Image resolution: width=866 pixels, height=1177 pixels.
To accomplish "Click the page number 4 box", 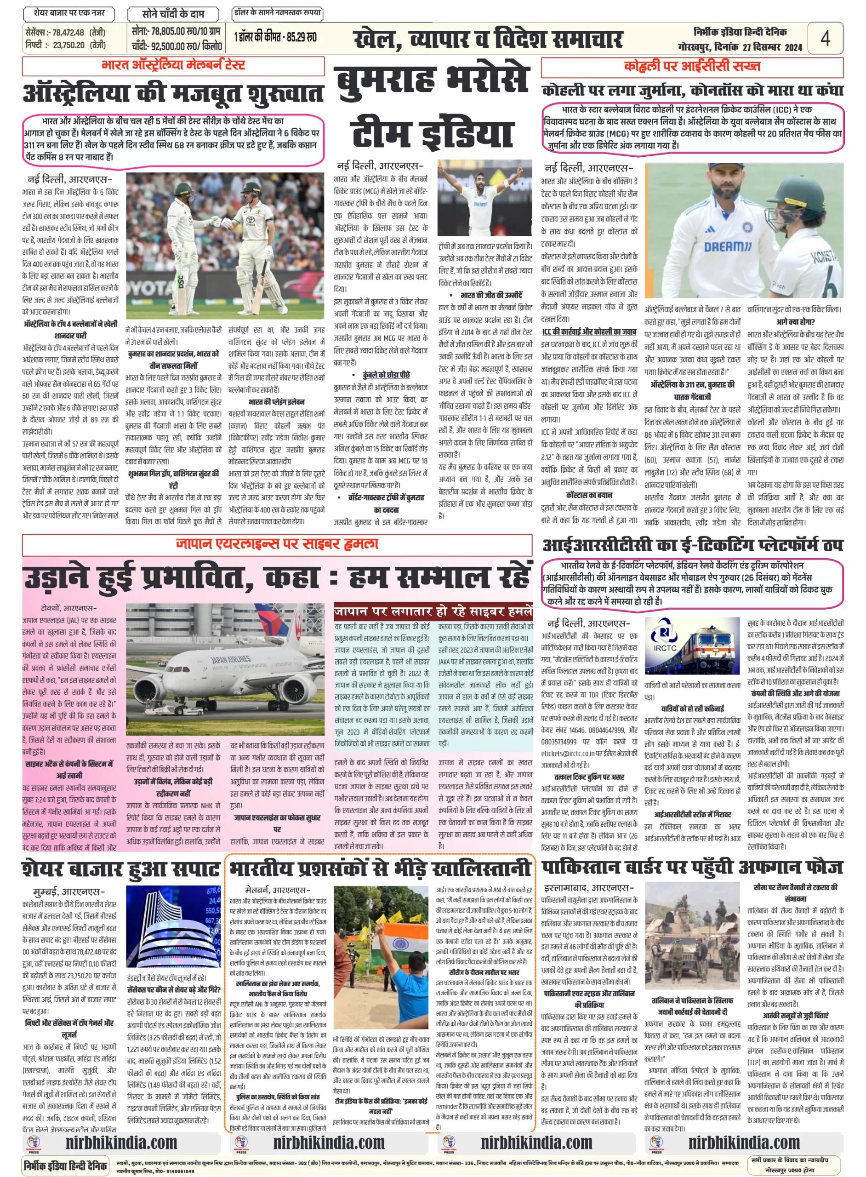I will pos(825,38).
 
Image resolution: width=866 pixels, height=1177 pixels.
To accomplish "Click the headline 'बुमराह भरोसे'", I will pos(432,80).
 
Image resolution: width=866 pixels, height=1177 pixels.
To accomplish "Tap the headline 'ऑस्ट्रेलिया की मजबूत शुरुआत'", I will pos(173,93).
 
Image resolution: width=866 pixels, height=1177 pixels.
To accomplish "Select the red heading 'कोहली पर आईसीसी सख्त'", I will pos(691,67).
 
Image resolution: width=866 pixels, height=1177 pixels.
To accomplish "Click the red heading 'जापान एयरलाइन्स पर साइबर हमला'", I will pos(277,544).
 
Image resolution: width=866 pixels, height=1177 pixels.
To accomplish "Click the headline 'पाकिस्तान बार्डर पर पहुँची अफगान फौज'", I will pos(692,868).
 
